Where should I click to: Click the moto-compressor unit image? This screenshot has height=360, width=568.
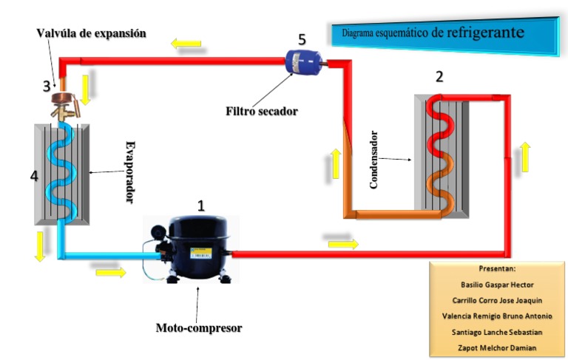pyautogui.click(x=191, y=248)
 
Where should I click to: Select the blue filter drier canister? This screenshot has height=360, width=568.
pyautogui.click(x=302, y=61)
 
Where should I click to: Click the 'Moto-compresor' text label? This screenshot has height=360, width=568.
pyautogui.click(x=199, y=327)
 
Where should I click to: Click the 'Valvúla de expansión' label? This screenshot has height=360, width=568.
pyautogui.click(x=92, y=33)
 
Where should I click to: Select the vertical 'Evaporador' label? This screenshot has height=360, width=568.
pyautogui.click(x=130, y=172)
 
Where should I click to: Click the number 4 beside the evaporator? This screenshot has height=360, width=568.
pyautogui.click(x=33, y=176)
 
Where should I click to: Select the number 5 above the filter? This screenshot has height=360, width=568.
pyautogui.click(x=302, y=39)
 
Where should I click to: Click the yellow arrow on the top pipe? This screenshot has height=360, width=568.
pyautogui.click(x=185, y=44)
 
